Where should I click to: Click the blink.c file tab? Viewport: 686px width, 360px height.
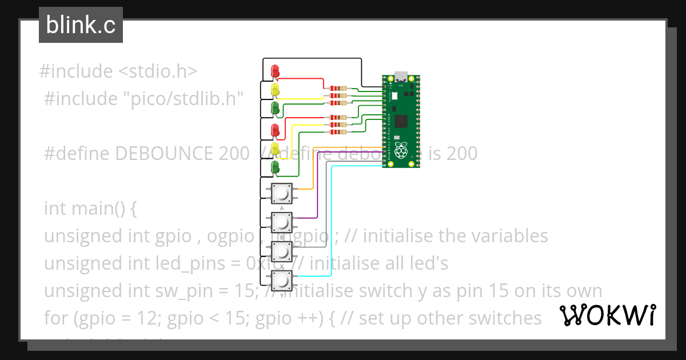(81, 25)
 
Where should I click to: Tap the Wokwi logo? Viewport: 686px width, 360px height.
(608, 315)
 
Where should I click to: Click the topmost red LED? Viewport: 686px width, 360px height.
(275, 70)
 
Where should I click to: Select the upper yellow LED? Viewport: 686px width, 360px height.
(275, 89)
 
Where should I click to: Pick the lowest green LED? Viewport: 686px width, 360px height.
(275, 167)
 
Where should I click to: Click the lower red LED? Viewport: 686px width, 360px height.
(275, 129)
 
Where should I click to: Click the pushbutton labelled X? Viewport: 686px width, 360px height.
(281, 250)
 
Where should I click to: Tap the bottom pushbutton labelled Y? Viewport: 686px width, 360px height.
(281, 279)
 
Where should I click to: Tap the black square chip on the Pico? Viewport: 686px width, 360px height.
(401, 121)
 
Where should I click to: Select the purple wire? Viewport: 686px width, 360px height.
(316, 189)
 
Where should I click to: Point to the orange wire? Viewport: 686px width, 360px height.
(312, 171)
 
